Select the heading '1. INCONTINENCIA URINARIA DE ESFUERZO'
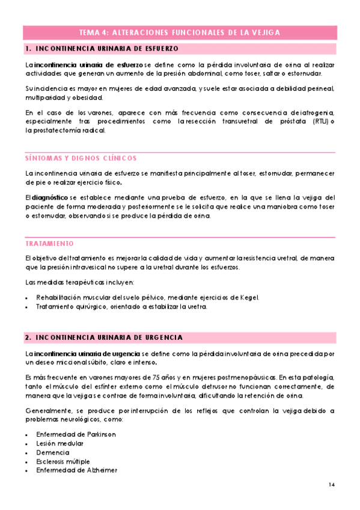(102, 47)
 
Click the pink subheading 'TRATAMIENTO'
(49, 244)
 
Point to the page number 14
(332, 485)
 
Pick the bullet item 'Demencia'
(53, 452)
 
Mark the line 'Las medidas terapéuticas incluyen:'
(79, 283)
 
